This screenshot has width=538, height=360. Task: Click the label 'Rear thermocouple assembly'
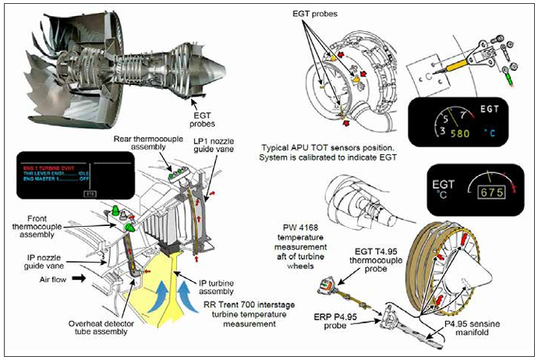pos(144,144)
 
